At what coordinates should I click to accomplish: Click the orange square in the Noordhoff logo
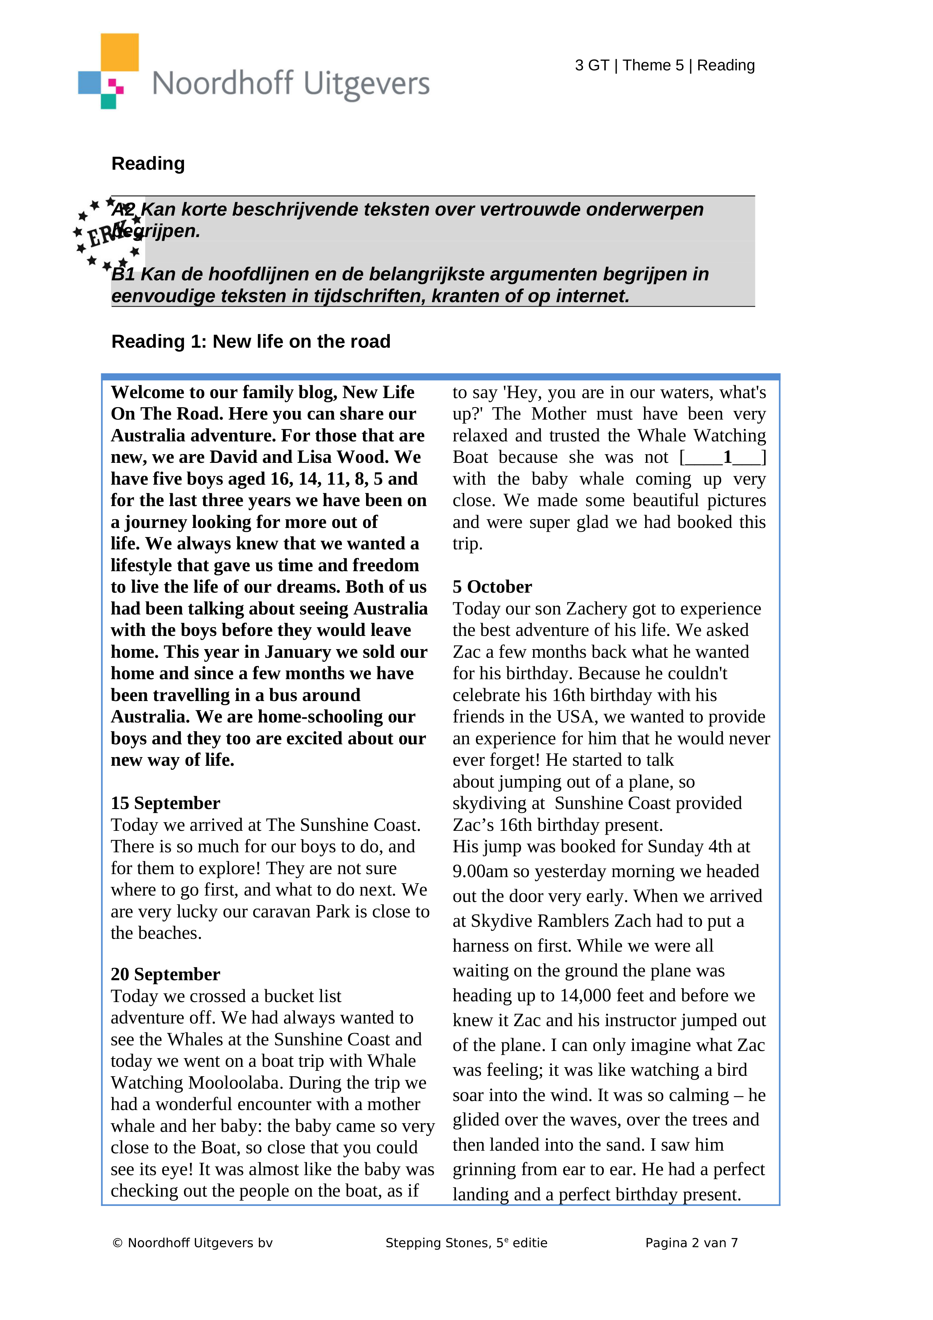(120, 52)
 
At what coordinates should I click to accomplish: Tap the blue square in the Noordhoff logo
(89, 82)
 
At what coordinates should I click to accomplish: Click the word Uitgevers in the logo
(366, 84)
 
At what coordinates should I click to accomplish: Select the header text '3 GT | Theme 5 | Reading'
(664, 65)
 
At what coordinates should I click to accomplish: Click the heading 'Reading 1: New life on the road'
(251, 342)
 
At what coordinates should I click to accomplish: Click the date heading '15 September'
(165, 803)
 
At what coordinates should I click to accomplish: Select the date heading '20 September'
(165, 975)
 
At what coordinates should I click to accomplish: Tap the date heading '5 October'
(492, 587)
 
